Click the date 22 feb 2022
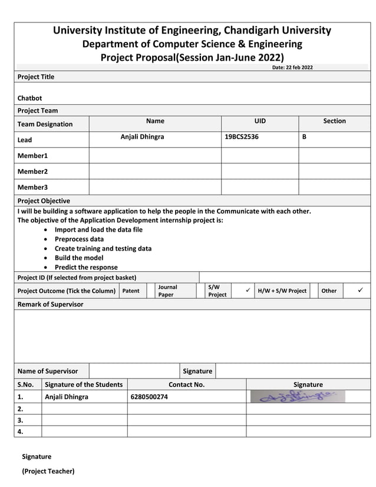tap(292, 67)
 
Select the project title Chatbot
tap(29, 98)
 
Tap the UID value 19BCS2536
tap(242, 137)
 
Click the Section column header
tap(334, 121)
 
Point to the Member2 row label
tap(32, 172)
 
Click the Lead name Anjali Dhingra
tap(142, 137)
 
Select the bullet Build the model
tap(79, 258)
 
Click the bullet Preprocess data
tap(79, 239)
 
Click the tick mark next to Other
tap(361, 290)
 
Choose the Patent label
tap(131, 291)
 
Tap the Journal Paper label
tap(167, 291)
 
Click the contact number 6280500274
tap(149, 397)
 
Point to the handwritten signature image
tap(298, 396)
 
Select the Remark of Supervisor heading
tap(50, 304)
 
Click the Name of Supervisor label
tap(48, 371)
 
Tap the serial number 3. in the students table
tap(21, 420)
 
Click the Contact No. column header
tap(186, 384)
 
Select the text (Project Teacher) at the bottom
tap(48, 471)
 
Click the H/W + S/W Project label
tap(282, 291)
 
